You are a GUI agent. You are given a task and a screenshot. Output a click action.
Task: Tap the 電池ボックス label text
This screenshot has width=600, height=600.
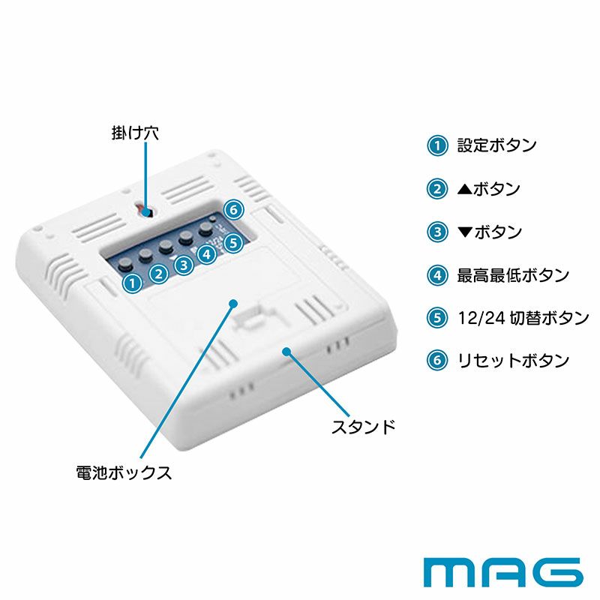[124, 473]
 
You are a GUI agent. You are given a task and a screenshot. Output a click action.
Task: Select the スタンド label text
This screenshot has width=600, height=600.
[364, 428]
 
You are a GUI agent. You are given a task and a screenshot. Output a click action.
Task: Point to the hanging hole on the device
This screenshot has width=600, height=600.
[146, 211]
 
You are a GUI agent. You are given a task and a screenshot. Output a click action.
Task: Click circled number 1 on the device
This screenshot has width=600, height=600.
[132, 283]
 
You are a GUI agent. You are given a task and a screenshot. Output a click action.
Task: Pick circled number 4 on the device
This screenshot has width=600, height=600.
[208, 254]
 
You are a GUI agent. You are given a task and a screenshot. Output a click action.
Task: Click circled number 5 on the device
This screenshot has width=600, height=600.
[233, 242]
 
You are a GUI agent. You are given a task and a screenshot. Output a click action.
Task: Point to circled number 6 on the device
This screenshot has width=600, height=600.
[234, 208]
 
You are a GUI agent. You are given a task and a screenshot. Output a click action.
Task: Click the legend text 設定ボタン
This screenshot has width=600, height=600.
[496, 145]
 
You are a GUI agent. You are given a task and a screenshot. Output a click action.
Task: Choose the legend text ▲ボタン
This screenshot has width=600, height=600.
[488, 189]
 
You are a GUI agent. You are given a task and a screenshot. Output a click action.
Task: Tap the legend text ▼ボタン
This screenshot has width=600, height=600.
[489, 232]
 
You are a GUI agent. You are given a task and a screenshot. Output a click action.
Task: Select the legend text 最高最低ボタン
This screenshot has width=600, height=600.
[513, 274]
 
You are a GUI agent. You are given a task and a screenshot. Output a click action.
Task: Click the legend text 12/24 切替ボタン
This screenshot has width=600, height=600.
[523, 317]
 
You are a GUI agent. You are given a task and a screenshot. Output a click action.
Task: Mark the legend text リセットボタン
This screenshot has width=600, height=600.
[513, 360]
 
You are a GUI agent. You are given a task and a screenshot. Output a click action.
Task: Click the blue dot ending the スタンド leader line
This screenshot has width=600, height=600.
[286, 350]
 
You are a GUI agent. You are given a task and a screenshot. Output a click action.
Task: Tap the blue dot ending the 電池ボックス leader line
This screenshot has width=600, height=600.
[233, 304]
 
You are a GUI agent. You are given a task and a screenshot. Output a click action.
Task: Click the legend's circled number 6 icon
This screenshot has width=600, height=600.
[436, 360]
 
